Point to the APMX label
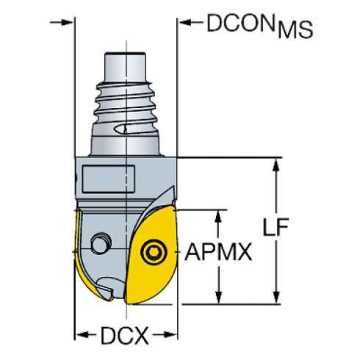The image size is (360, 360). [x=218, y=253]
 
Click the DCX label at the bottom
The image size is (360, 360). [x=125, y=338]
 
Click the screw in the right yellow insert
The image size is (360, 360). [x=154, y=252]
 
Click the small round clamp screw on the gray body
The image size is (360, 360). [x=100, y=243]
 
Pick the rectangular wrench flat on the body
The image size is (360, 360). [x=108, y=179]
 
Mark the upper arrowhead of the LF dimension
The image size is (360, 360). [x=276, y=165]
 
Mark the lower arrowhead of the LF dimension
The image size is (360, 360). [x=276, y=298]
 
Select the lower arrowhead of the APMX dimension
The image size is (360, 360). [x=218, y=298]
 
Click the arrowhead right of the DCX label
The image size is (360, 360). [x=171, y=338]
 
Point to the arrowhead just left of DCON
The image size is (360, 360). [x=187, y=23]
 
